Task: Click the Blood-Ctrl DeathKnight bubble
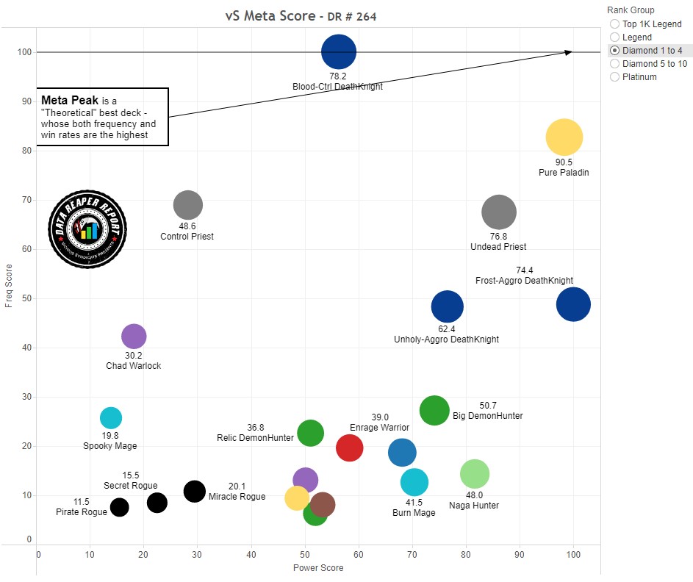[x=339, y=52]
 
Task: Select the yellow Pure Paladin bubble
[x=564, y=137]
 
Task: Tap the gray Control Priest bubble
[x=187, y=205]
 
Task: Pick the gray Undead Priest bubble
[x=499, y=212]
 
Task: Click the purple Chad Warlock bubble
[x=133, y=337]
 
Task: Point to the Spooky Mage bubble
[x=110, y=418]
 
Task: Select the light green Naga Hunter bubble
[x=475, y=474]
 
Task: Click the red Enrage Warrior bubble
[x=349, y=448]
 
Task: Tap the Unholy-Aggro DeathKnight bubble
[x=447, y=307]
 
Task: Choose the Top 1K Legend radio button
[x=614, y=24]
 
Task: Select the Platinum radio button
[x=614, y=77]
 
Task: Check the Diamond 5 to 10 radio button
[x=614, y=64]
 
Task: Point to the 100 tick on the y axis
[x=25, y=52]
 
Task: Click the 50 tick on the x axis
[x=306, y=555]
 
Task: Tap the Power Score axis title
[x=318, y=568]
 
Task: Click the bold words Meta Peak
[x=70, y=100]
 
